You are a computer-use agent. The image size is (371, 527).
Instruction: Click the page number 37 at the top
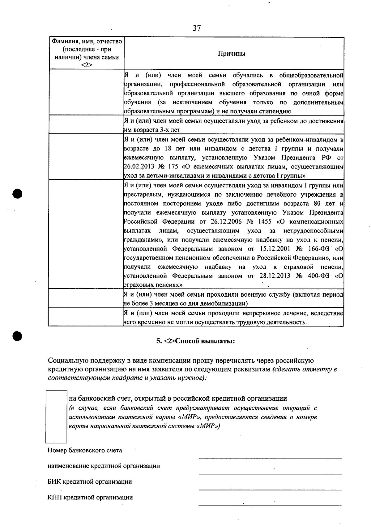click(197, 28)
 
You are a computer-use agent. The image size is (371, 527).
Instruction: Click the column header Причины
click(232, 54)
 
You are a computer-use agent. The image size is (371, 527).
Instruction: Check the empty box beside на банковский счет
click(56, 416)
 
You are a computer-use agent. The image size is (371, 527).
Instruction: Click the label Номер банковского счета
click(85, 451)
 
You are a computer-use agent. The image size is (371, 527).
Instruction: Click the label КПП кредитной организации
click(90, 498)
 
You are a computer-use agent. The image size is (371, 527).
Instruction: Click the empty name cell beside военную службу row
click(86, 298)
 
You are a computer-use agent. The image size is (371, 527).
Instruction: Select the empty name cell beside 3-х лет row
click(86, 124)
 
